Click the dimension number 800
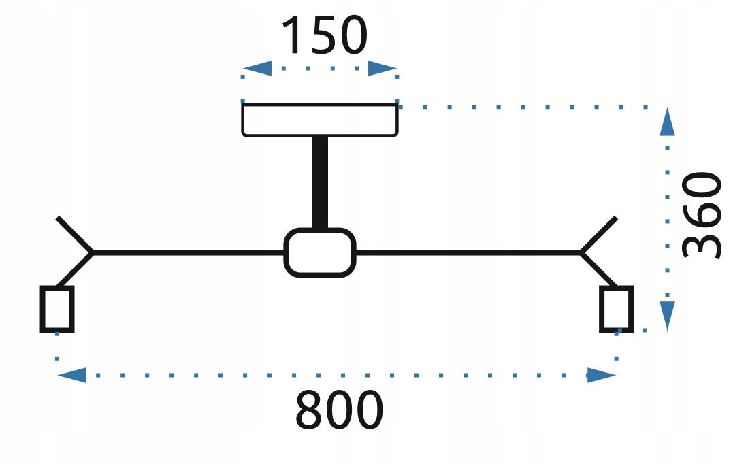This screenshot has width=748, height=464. tap(339, 410)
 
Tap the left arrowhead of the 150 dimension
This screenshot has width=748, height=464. tap(257, 69)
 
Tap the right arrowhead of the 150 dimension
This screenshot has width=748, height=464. tap(383, 69)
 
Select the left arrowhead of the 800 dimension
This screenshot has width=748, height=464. tap(72, 375)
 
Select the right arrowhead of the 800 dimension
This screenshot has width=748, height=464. tap(602, 375)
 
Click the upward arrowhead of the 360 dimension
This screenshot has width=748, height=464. tap(667, 123)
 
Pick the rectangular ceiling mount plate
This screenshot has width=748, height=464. tap(320, 120)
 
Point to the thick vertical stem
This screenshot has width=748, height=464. tap(320, 182)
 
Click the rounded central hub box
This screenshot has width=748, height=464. tap(320, 252)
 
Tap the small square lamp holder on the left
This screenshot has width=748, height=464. tap(57, 309)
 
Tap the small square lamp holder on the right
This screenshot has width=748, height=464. tap(617, 309)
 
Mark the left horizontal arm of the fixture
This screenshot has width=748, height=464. tap(187, 252)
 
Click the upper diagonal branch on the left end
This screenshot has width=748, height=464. tap(75, 235)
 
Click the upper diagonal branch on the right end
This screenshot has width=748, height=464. tap(599, 235)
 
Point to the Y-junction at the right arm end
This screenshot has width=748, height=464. tap(582, 252)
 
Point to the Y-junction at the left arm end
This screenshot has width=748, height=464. tap(93, 252)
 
